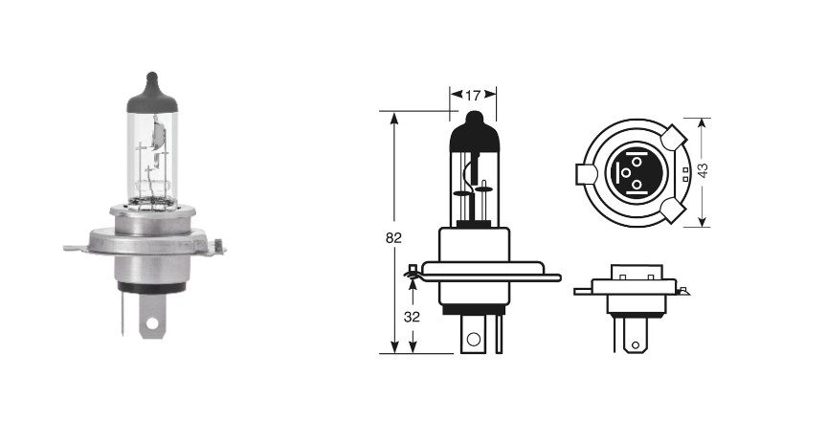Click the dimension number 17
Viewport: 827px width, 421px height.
coord(473,96)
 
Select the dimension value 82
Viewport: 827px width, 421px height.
coord(393,237)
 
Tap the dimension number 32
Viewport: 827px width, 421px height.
coord(412,317)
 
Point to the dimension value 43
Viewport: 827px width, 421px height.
coord(703,169)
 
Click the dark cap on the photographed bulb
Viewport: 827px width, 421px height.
coord(152,94)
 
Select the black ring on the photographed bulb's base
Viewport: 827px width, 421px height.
coord(152,288)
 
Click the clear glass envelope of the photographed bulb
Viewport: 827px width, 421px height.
coord(152,158)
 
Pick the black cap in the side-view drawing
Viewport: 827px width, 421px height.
coord(475,133)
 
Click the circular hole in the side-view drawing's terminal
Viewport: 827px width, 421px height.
coord(474,340)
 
